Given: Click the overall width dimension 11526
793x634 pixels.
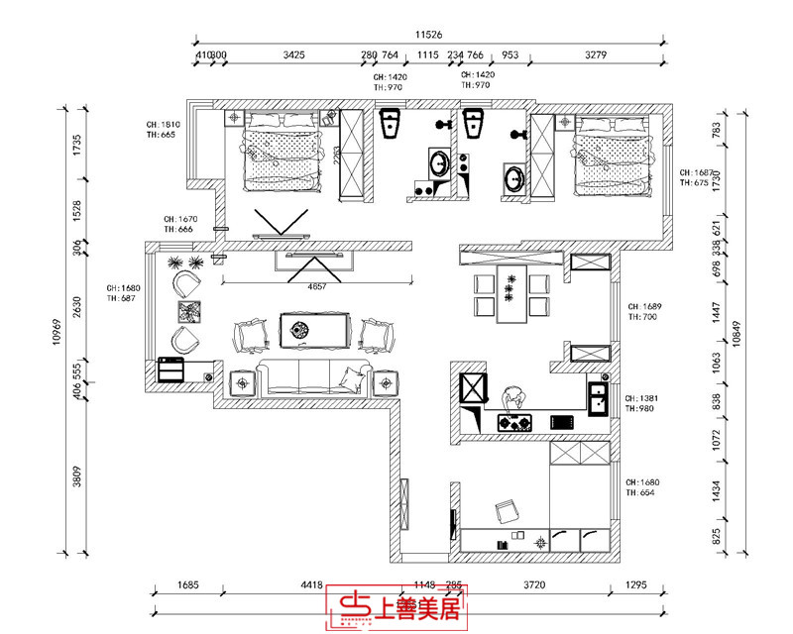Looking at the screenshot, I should click(x=428, y=33).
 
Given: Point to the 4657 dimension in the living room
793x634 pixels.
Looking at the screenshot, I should click(x=315, y=285).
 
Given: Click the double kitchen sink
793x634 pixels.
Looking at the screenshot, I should click(x=598, y=399).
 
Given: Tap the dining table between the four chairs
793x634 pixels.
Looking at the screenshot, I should click(x=511, y=294).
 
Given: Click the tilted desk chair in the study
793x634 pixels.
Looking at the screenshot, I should click(x=507, y=511).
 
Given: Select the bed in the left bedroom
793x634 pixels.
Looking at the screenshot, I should click(x=284, y=151).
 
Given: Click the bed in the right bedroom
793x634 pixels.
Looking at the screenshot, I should click(x=613, y=153).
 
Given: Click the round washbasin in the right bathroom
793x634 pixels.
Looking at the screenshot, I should click(x=515, y=179).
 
